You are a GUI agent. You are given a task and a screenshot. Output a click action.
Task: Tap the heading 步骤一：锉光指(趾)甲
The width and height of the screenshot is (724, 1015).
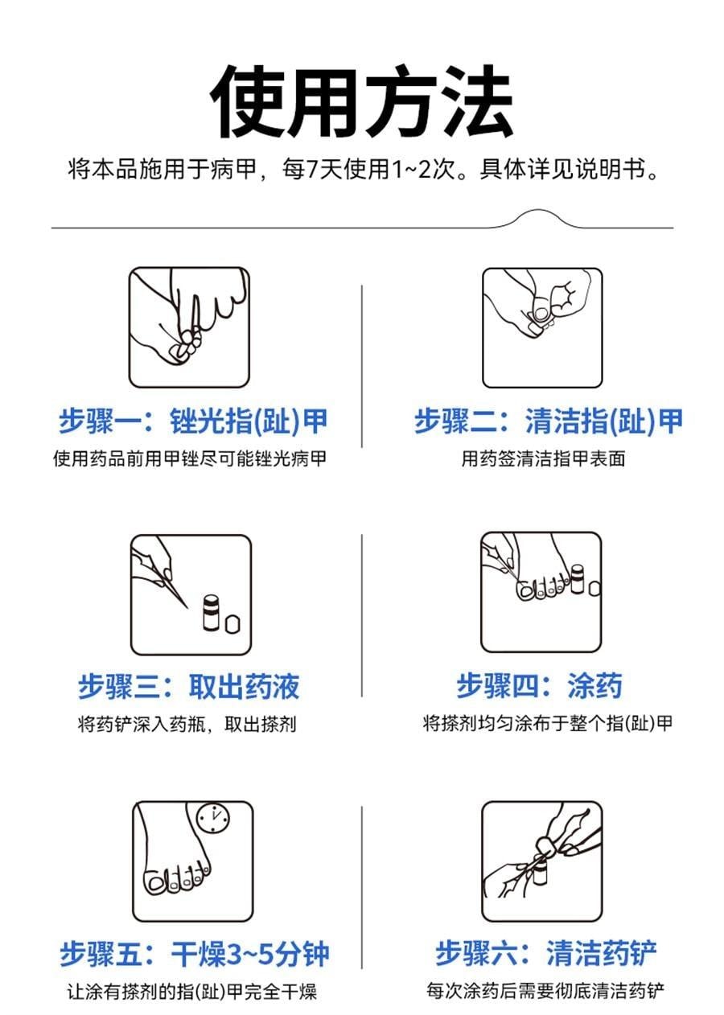click(193, 421)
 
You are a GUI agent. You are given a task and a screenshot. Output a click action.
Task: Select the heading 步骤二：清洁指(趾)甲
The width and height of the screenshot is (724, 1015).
click(548, 421)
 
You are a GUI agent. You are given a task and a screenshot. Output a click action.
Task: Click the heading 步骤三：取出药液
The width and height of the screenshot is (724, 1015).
click(189, 687)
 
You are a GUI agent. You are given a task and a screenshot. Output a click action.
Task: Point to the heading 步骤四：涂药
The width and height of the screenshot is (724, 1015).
click(539, 687)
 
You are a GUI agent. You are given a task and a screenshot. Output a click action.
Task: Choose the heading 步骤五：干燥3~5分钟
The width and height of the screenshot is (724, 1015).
click(194, 955)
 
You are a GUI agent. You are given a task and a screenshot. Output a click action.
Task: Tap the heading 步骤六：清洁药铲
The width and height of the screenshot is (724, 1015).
click(546, 955)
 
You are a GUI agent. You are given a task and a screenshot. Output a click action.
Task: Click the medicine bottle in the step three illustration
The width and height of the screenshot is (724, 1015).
click(210, 613)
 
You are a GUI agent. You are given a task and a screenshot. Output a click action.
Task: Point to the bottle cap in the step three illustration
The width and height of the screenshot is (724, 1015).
click(232, 625)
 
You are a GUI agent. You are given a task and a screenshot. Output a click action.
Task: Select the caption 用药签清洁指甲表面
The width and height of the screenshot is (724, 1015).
click(543, 459)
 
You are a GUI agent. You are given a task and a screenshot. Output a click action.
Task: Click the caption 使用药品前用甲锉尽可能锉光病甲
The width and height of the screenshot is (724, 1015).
click(190, 459)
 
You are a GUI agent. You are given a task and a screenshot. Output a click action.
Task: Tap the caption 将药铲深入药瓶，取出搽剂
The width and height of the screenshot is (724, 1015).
click(187, 724)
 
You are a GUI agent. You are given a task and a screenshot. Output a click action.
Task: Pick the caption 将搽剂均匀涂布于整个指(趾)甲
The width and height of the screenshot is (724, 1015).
click(547, 724)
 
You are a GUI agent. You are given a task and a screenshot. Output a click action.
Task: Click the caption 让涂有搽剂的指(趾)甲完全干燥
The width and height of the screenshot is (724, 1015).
click(191, 992)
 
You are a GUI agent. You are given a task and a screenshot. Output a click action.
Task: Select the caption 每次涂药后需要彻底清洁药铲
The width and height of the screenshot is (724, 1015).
click(545, 992)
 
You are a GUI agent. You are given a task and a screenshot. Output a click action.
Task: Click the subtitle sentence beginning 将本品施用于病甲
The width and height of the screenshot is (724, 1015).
click(363, 171)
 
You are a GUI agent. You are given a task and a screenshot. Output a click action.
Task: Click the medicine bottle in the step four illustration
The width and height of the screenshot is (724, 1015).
click(577, 579)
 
